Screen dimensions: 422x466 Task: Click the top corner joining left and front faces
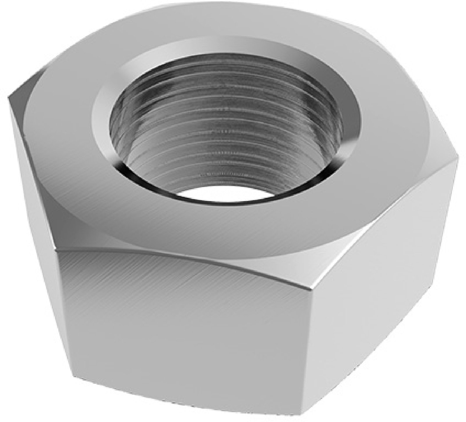coord(55,249)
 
